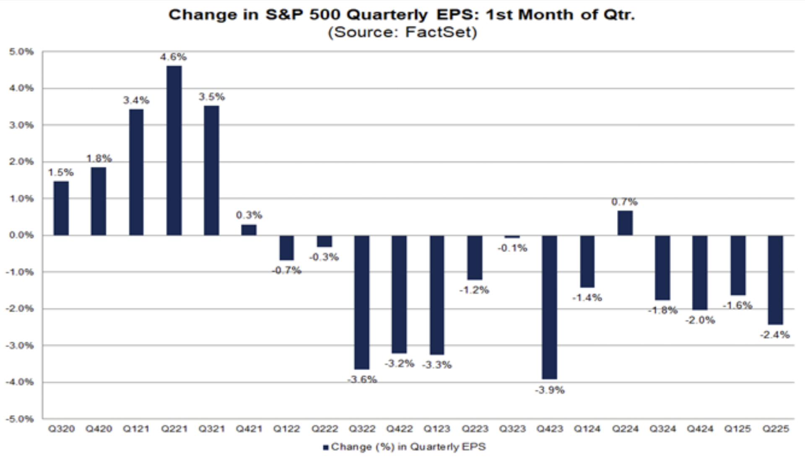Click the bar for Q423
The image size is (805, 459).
pyautogui.click(x=549, y=307)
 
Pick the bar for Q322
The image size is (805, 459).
pyautogui.click(x=362, y=302)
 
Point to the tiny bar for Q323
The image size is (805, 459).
pyautogui.click(x=512, y=237)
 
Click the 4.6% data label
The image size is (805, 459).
pyautogui.click(x=173, y=57)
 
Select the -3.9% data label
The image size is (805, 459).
pyautogui.click(x=550, y=390)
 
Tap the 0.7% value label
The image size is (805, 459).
pyautogui.click(x=624, y=202)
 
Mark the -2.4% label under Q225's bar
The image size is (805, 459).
pyautogui.click(x=774, y=335)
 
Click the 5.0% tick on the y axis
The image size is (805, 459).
pyautogui.click(x=21, y=52)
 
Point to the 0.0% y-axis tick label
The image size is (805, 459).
pyautogui.click(x=21, y=235)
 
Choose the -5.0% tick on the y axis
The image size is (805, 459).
pyautogui.click(x=20, y=419)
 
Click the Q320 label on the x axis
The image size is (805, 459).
pyautogui.click(x=61, y=429)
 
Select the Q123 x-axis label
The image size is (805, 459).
pyautogui.click(x=436, y=429)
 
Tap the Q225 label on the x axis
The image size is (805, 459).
pyautogui.click(x=775, y=429)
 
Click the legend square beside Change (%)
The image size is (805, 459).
pyautogui.click(x=325, y=447)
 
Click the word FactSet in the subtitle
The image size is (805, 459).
pyautogui.click(x=440, y=32)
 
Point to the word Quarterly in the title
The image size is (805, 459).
pyautogui.click(x=387, y=15)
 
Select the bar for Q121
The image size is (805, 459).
pyautogui.click(x=136, y=172)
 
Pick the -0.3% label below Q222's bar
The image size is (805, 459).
pyautogui.click(x=324, y=257)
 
